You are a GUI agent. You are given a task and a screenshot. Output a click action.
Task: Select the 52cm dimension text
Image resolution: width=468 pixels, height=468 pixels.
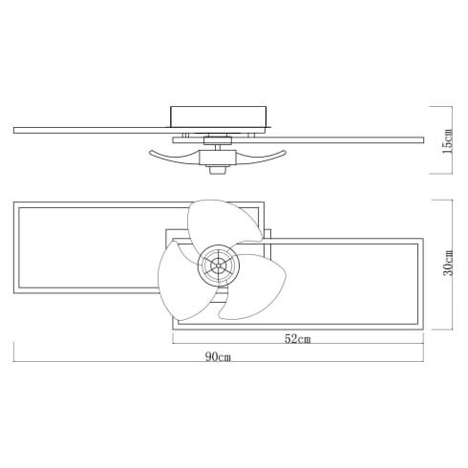point(297,339)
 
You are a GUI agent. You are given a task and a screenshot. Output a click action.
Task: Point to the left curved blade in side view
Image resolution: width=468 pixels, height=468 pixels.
point(172,154)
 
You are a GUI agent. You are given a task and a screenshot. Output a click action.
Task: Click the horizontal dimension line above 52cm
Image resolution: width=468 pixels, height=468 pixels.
point(297,330)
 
